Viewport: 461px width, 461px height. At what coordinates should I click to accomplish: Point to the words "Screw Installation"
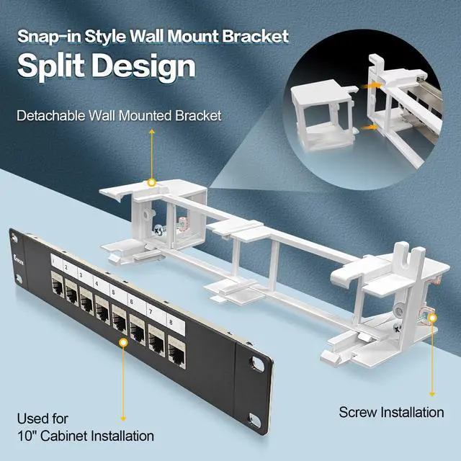pyautogui.click(x=391, y=412)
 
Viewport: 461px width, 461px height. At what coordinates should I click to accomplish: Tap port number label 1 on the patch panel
pyautogui.click(x=52, y=260)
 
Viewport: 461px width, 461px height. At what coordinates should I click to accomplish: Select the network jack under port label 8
pyautogui.click(x=177, y=353)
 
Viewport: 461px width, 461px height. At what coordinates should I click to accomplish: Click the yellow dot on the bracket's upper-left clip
pyautogui.click(x=152, y=184)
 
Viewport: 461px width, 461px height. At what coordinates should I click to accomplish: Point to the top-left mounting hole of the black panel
pyautogui.click(x=13, y=235)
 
